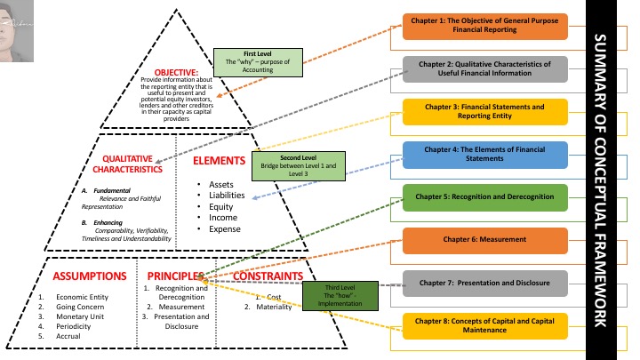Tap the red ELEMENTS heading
[219, 161]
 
